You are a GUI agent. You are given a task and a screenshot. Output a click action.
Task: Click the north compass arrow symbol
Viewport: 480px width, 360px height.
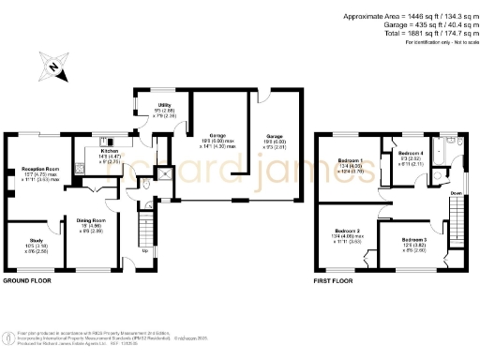point(54,67)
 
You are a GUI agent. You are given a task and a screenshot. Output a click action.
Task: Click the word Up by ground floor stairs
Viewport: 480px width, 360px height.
point(144,250)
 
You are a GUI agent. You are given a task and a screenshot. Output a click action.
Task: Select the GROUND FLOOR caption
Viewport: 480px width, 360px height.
point(27,280)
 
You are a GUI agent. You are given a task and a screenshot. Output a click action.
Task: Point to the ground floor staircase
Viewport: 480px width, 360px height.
point(145,228)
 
